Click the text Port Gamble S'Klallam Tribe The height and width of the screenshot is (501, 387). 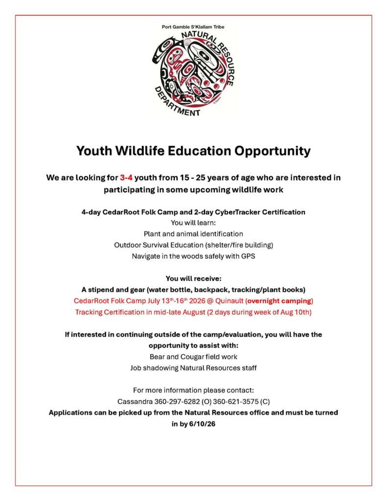tap(193, 27)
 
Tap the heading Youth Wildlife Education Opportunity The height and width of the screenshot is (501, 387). tap(193, 151)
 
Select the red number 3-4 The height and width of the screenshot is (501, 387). tap(126, 178)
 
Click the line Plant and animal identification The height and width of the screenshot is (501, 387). tap(193, 234)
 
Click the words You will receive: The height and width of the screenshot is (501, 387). tap(193, 278)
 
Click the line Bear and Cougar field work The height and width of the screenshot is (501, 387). tap(193, 357)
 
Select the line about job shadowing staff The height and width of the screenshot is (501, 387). tap(193, 368)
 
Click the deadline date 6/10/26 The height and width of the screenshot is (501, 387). tap(202, 424)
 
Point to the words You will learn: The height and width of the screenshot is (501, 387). tap(193, 223)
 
